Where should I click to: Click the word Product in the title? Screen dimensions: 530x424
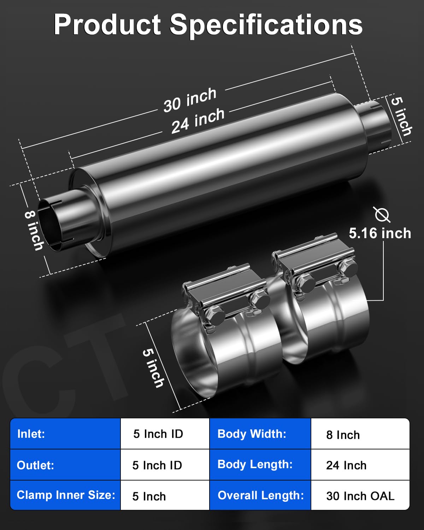(107, 25)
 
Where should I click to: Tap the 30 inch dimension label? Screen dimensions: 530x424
(190, 100)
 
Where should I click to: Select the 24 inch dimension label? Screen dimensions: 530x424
(198, 121)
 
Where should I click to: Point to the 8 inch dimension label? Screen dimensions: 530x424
(34, 230)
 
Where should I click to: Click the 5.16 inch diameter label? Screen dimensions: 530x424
(380, 234)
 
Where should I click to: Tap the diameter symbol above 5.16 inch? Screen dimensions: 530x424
(382, 214)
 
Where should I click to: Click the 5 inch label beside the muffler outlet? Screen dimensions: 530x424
(401, 116)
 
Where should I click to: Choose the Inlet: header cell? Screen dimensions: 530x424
(65, 434)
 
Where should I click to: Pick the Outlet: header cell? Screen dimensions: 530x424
(65, 465)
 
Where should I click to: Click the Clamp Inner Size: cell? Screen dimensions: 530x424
(66, 495)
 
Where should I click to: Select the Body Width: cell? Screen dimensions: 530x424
(260, 434)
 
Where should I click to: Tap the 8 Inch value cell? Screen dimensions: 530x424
(360, 435)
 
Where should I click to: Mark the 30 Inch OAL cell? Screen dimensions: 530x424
(360, 496)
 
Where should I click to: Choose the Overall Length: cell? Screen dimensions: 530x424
(260, 495)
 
